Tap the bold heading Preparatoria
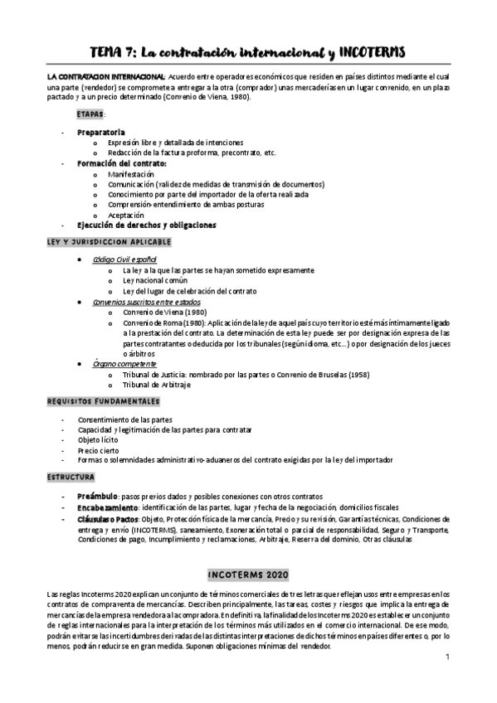[x=101, y=132]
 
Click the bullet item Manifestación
[x=131, y=174]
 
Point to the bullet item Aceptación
[x=125, y=215]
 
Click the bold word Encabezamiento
[x=108, y=507]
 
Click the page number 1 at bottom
[x=446, y=658]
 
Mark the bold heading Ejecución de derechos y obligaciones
[x=146, y=225]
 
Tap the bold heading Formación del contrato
[x=121, y=163]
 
